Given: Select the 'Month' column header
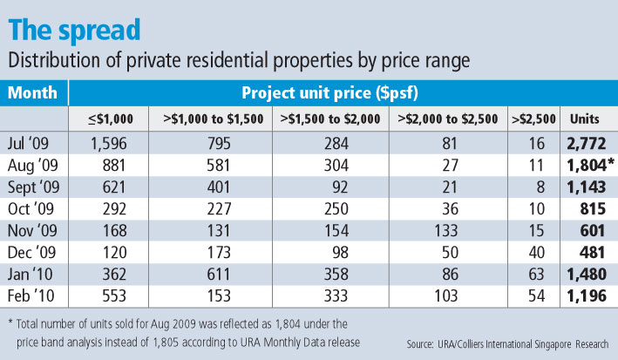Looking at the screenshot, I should pyautogui.click(x=35, y=92).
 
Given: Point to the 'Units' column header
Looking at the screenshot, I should pyautogui.click(x=583, y=118).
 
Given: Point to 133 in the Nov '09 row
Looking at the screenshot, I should pyautogui.click(x=445, y=234).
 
